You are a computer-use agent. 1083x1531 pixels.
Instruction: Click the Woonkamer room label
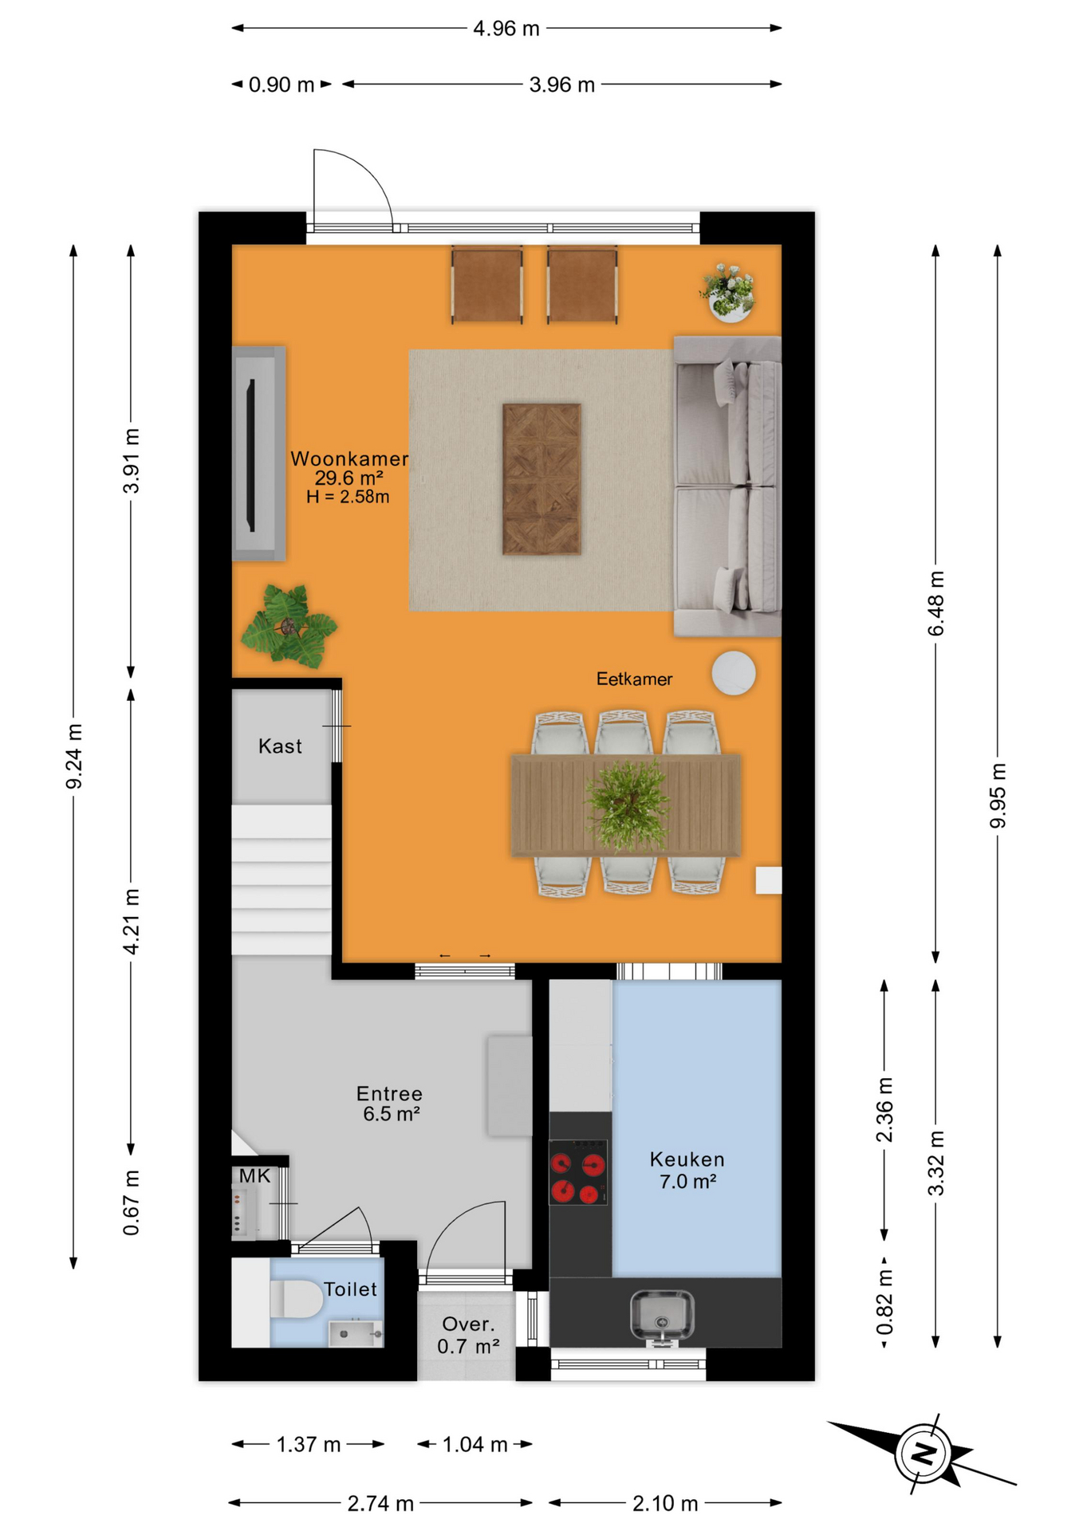coord(349,459)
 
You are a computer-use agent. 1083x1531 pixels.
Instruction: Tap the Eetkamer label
coord(634,679)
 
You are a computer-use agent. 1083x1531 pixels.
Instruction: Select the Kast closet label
coord(280,746)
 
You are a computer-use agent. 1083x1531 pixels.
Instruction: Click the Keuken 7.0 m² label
coord(687,1171)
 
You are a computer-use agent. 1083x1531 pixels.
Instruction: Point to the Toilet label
coord(350,1289)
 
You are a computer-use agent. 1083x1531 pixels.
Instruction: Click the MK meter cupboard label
coord(254,1176)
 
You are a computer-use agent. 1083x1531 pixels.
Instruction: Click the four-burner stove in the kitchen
coord(578,1172)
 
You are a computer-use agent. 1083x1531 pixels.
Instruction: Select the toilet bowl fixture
coord(296,1299)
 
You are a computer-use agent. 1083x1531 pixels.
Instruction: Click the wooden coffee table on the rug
coord(541,478)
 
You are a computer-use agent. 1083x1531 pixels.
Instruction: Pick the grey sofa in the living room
coord(727,486)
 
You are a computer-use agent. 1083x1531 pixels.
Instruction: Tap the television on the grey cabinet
coord(250,455)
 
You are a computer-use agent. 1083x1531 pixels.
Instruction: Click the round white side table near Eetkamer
coord(734,673)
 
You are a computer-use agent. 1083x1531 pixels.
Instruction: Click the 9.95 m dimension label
coord(998,795)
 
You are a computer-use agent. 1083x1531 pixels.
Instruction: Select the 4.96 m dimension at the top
coord(506,29)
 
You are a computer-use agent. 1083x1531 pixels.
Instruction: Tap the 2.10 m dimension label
coord(665,1504)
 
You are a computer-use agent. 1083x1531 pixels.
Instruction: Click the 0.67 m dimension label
coord(132,1203)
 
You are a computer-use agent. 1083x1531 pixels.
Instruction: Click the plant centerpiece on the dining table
coord(628,805)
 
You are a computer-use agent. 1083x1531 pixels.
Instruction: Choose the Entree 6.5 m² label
coord(390,1104)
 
